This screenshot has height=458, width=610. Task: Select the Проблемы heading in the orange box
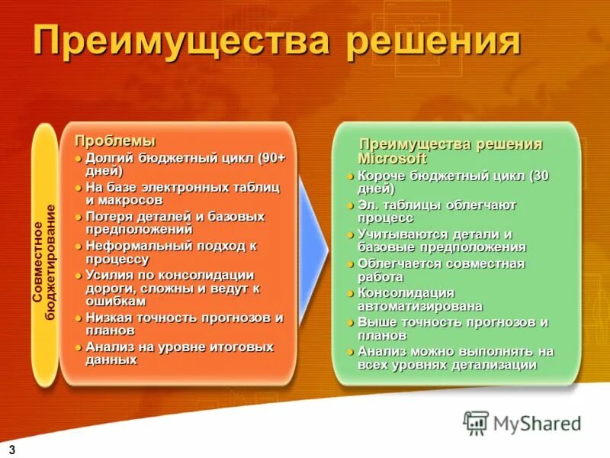point(114,141)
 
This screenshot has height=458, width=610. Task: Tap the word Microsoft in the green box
point(392,159)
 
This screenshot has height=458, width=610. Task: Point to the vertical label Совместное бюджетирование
point(44,252)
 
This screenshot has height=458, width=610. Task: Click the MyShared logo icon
point(476,422)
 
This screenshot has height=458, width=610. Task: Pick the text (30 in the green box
point(539,176)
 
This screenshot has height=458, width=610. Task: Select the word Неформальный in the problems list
point(130,247)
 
